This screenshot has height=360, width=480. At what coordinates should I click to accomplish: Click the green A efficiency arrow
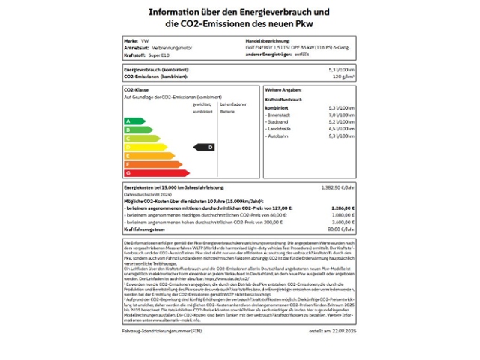tap(134, 121)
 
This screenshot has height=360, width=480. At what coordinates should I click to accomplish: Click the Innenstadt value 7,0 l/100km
tap(342, 115)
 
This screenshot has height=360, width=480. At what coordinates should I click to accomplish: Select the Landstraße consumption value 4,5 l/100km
tap(342, 129)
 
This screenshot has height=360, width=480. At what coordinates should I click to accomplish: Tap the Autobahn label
tap(277, 136)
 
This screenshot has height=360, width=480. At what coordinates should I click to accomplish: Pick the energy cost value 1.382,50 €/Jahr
tap(337, 187)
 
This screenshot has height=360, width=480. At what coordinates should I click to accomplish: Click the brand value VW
tap(145, 40)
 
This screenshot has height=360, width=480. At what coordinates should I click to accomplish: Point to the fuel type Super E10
tap(158, 55)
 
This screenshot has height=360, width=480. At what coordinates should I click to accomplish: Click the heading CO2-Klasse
tap(136, 89)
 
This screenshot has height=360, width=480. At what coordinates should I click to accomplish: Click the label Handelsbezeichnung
tap(268, 40)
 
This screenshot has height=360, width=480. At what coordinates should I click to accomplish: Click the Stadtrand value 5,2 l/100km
tap(342, 121)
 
